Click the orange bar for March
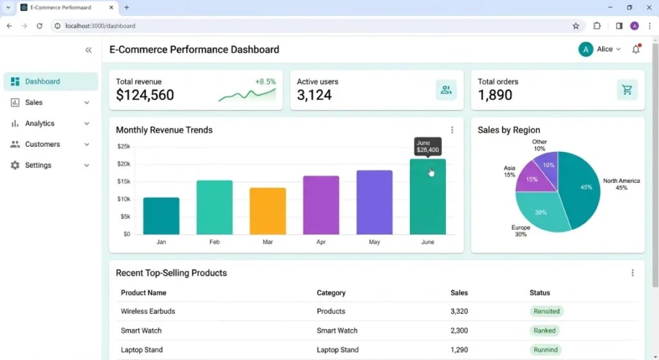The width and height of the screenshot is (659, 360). click(268, 211)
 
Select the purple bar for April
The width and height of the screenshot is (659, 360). click(321, 205)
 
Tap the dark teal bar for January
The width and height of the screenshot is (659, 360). click(161, 216)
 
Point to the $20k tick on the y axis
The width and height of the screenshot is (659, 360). click(123, 164)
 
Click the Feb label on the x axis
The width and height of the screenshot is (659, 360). click(214, 242)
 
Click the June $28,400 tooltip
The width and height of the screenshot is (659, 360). click(427, 147)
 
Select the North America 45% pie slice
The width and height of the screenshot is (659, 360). click(582, 188)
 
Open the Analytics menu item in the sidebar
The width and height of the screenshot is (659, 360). click(40, 124)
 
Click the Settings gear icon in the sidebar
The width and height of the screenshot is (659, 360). click(15, 166)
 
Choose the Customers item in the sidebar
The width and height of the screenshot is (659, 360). click(42, 144)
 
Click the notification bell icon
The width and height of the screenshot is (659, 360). click(636, 50)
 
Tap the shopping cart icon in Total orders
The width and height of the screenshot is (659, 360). click(627, 90)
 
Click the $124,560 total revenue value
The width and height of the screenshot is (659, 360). click(145, 95)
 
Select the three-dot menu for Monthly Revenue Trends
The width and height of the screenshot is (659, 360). click(452, 130)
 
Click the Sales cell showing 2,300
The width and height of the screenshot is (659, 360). click(459, 330)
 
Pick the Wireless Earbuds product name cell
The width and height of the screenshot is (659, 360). click(148, 311)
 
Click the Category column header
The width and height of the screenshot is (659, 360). click(331, 293)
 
